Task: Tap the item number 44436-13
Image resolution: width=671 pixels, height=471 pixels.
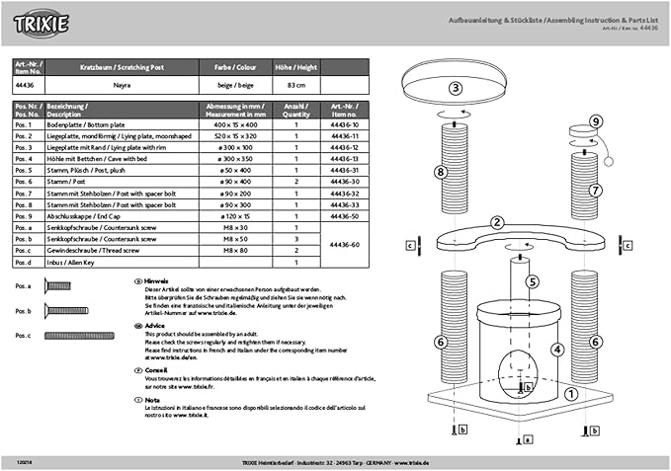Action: point(344,158)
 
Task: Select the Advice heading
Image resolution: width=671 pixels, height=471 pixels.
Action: point(155,324)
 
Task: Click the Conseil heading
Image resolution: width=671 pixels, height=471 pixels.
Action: point(156,369)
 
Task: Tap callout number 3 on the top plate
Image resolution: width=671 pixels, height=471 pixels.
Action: point(456,88)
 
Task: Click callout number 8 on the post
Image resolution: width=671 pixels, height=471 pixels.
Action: point(438,172)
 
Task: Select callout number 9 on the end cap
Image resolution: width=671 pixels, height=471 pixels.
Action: point(595,121)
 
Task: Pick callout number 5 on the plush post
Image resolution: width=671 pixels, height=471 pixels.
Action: point(533,280)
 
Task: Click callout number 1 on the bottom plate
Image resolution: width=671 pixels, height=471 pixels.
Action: point(570,392)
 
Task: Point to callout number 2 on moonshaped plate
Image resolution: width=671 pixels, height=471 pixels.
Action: point(497,223)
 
